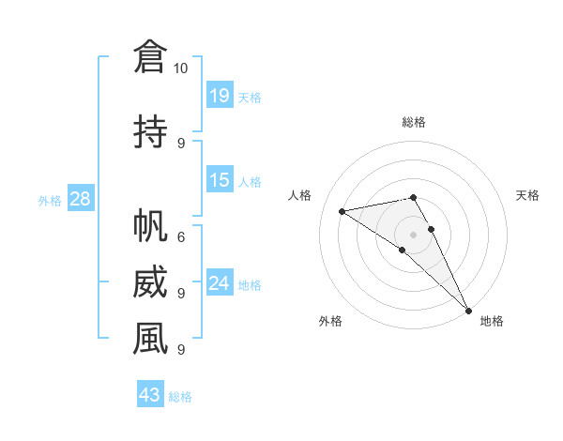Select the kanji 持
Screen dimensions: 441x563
150,130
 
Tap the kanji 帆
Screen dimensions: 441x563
150,226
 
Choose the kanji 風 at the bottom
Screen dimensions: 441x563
150,339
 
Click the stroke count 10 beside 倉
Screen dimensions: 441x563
181,68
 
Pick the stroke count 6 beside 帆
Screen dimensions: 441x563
181,237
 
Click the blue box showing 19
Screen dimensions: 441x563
220,95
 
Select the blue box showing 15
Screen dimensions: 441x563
220,180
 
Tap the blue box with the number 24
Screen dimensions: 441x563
220,283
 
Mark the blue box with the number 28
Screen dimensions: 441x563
80,199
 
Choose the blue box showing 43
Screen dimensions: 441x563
150,395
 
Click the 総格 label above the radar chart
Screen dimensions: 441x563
414,122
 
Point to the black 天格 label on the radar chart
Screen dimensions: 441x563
527,195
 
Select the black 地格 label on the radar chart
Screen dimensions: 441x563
492,321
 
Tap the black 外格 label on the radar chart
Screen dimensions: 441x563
330,321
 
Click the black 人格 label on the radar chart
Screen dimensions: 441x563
299,195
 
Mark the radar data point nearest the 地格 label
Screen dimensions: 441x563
468,310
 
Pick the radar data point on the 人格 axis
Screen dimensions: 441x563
342,210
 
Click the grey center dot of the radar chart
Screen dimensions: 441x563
414,234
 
